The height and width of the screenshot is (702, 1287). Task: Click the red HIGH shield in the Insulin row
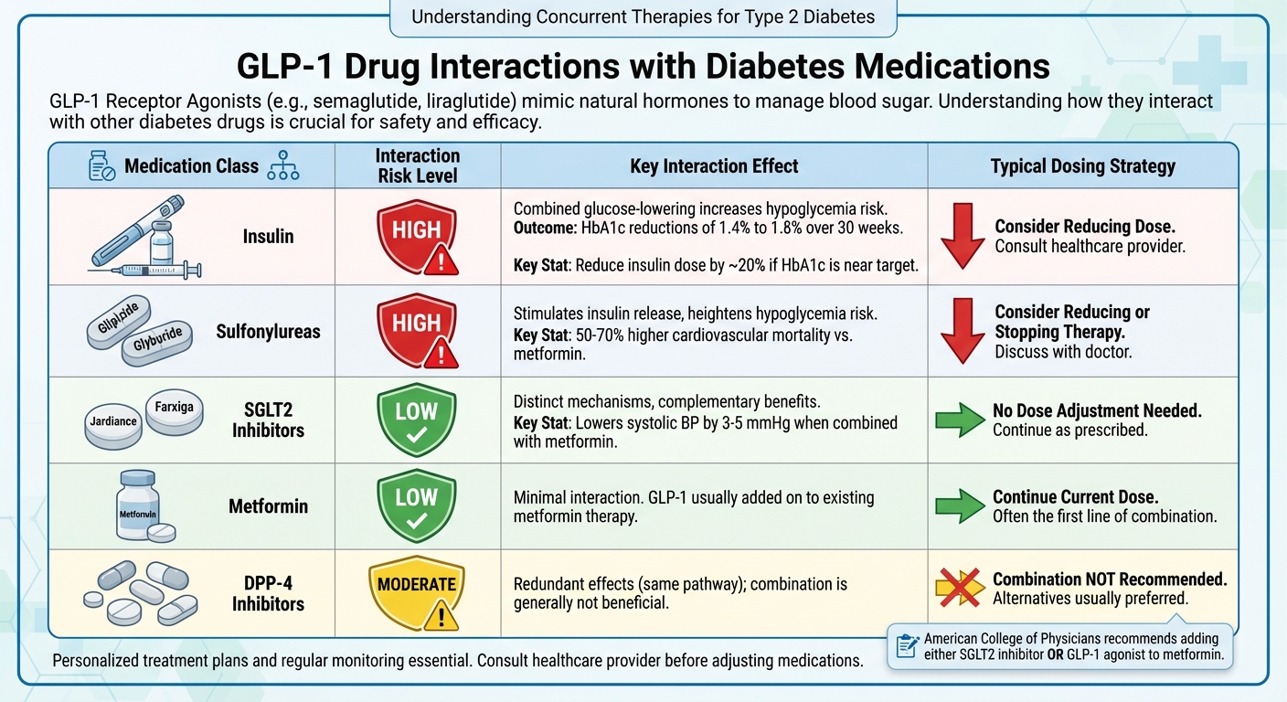pos(418,235)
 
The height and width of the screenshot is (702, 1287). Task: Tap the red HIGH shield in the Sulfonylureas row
pos(418,329)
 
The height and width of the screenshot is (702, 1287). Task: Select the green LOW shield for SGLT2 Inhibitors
pos(417,418)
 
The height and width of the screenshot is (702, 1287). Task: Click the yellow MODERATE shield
pos(418,593)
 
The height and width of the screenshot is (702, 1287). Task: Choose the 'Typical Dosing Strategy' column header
pos(1082,166)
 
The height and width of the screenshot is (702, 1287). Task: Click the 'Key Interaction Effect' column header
pos(714,166)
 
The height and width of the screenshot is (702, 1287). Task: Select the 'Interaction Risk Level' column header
pos(418,166)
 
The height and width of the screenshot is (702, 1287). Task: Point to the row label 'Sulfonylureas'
pos(268,332)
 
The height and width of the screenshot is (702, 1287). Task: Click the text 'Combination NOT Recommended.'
pos(1110,580)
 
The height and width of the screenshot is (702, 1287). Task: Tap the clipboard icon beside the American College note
pos(908,646)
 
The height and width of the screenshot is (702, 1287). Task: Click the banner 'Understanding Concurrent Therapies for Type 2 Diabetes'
pos(643,16)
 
